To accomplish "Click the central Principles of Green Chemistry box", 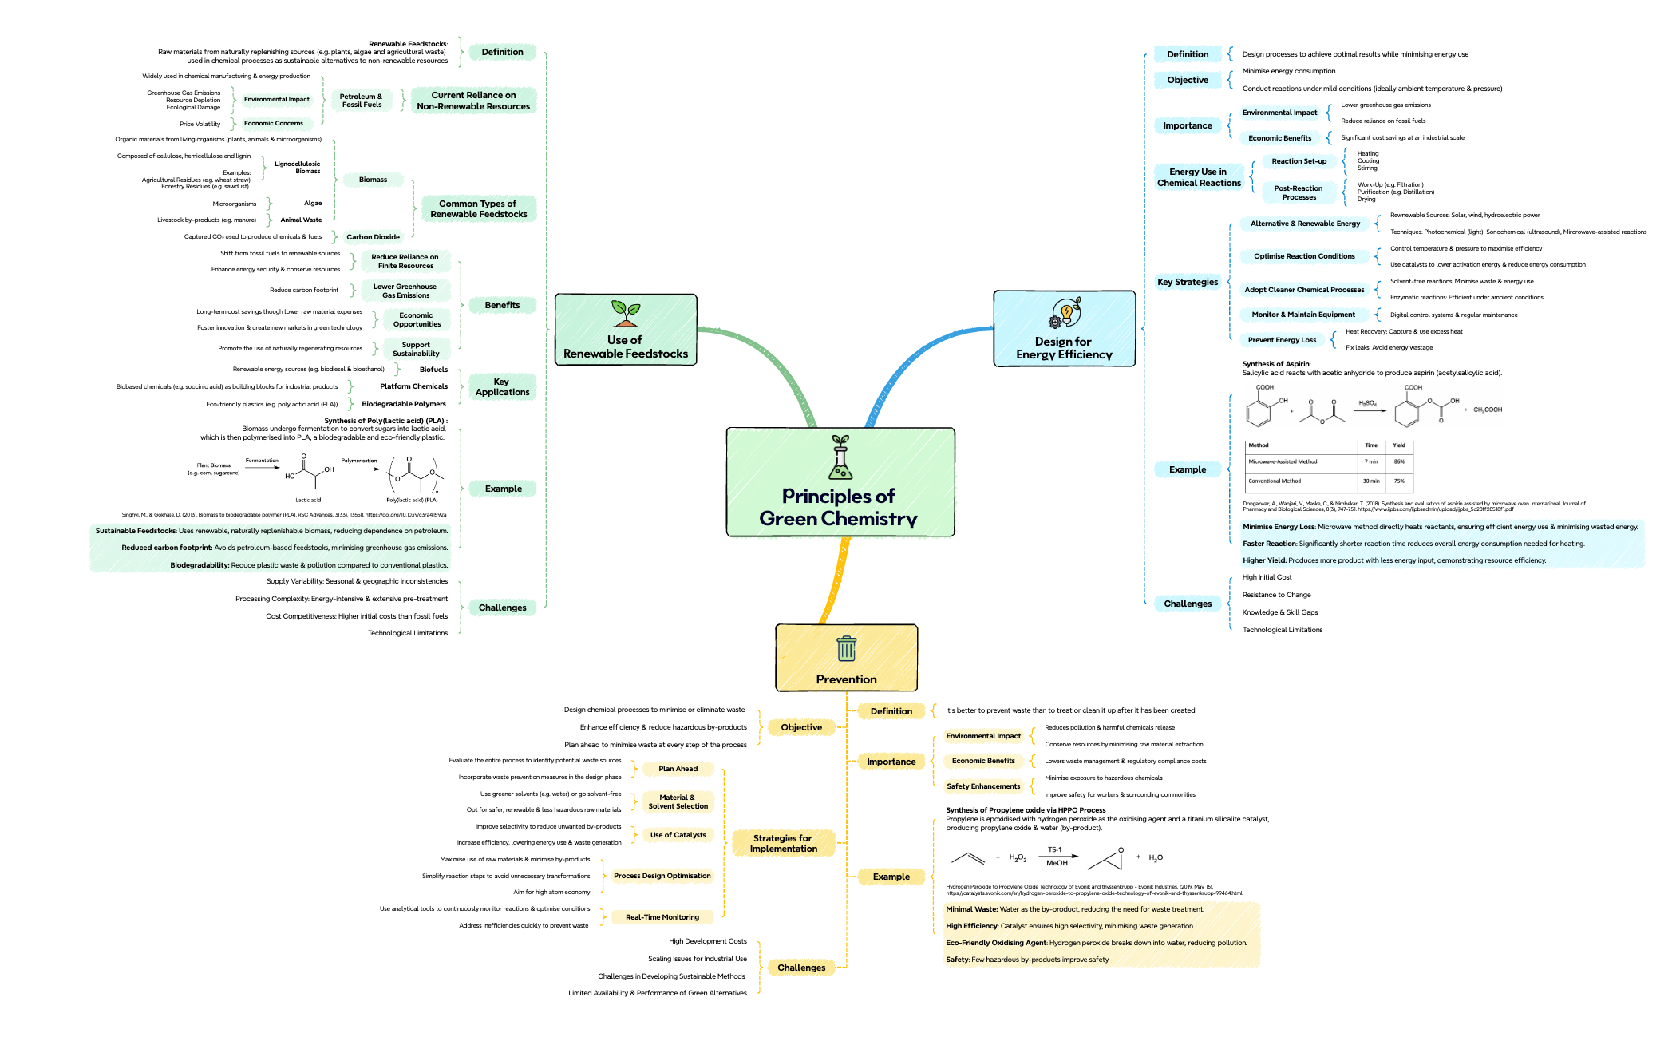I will point(840,482).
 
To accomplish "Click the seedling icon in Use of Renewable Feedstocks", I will point(626,313).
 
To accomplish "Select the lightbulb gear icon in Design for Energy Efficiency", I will point(1065,313).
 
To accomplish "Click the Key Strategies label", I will point(1188,282).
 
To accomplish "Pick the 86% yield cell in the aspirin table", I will point(1399,461).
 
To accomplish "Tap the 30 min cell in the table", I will point(1371,481).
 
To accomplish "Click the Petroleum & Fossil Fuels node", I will point(362,101).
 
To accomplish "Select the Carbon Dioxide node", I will point(373,237).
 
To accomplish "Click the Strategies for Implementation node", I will point(783,843).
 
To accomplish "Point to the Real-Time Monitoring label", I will point(662,917).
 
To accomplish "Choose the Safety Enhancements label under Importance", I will point(983,786).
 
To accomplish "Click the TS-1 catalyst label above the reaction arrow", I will point(1054,849).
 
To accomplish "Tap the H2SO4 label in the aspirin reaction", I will point(1367,403).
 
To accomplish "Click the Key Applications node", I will point(502,387).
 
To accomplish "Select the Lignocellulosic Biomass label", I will point(297,167).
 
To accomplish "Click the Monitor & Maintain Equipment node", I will point(1302,315).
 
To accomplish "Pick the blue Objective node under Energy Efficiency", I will point(1188,80).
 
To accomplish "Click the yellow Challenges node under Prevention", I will point(801,968).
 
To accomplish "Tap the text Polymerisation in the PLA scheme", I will point(359,461).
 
